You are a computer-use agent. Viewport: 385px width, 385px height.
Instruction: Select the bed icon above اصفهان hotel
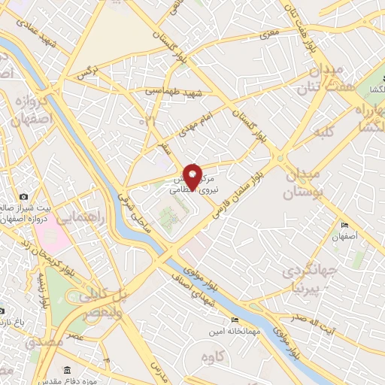(345, 226)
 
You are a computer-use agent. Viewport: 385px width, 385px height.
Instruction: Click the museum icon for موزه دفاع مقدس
(68, 371)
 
